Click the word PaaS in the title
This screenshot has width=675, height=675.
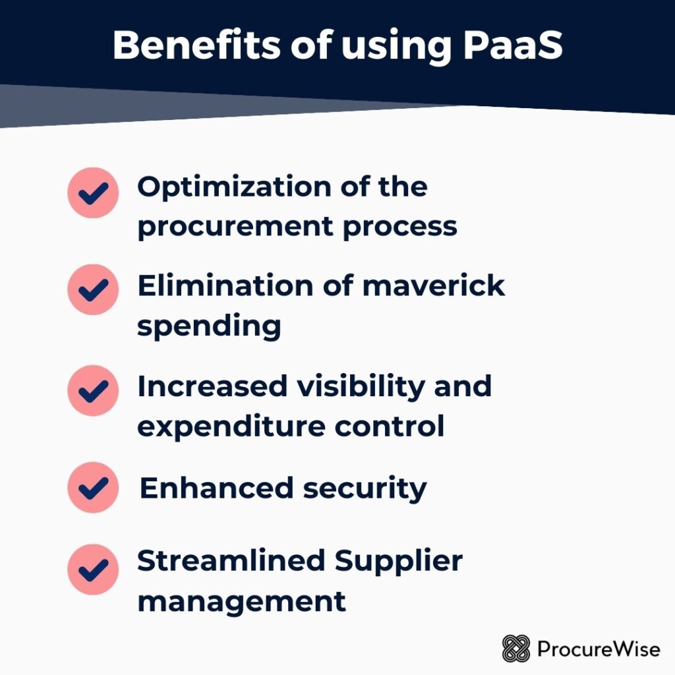point(513,45)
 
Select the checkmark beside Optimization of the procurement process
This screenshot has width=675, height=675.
point(93,193)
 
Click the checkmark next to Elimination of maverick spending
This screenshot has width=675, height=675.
point(93,290)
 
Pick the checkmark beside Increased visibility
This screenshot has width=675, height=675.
point(93,390)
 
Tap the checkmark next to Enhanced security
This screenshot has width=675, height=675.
point(93,487)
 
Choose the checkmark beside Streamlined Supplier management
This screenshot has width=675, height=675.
point(93,570)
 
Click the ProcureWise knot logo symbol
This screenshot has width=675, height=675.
point(515,649)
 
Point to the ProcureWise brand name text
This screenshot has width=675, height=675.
point(599,649)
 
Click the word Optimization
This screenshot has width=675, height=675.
point(234,188)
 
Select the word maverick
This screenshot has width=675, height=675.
point(434,286)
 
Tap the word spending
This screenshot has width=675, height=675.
point(209,326)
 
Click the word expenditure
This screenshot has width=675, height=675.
point(231,427)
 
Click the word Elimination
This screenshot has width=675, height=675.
point(225,286)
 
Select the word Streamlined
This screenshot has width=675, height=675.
point(231,560)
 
